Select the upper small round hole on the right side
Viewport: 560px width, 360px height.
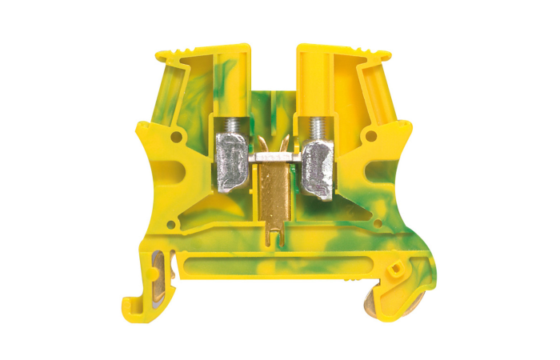click(370, 137)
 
